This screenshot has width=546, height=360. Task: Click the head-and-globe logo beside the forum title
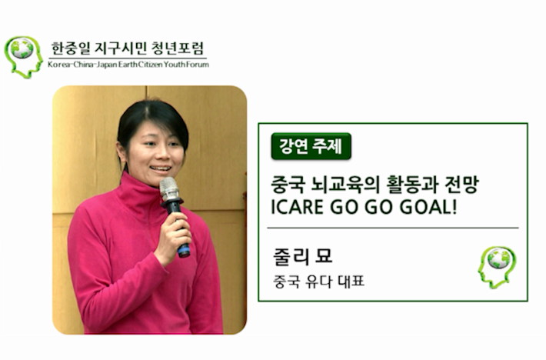(23, 57)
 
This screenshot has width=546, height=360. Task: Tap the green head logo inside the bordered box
(497, 267)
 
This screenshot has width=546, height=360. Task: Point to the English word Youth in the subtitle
(174, 65)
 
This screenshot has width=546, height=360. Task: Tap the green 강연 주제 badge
(311, 146)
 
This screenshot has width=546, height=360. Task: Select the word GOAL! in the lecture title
(428, 207)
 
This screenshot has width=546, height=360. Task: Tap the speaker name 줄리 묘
(302, 256)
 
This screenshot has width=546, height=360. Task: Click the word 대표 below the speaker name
(351, 282)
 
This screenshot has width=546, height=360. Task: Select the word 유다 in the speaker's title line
(318, 282)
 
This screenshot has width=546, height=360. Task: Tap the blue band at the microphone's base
(184, 250)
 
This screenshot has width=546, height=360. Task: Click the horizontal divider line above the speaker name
(393, 228)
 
